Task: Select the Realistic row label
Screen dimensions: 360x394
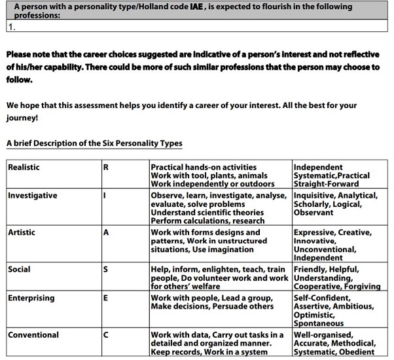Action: click(24, 168)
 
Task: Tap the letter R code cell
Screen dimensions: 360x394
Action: click(106, 168)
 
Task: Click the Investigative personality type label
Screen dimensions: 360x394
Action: click(32, 196)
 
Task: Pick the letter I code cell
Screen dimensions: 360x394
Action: click(105, 196)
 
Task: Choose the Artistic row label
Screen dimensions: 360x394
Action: click(22, 232)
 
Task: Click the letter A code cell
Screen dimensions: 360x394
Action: click(106, 232)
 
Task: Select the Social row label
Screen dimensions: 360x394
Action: click(19, 270)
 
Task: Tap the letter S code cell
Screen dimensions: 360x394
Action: click(106, 270)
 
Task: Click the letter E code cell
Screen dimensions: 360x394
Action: click(106, 298)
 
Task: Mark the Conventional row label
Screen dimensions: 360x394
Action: click(33, 335)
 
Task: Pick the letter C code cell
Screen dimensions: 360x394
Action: click(106, 335)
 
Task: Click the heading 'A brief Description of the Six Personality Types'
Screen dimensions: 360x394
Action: click(94, 143)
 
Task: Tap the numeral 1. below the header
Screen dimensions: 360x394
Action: click(11, 27)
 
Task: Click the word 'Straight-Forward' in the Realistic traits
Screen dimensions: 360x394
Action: click(326, 184)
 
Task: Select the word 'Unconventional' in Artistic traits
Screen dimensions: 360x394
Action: click(325, 249)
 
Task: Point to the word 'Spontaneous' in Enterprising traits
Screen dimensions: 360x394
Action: click(318, 323)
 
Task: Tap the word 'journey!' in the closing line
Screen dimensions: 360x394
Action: click(22, 118)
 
